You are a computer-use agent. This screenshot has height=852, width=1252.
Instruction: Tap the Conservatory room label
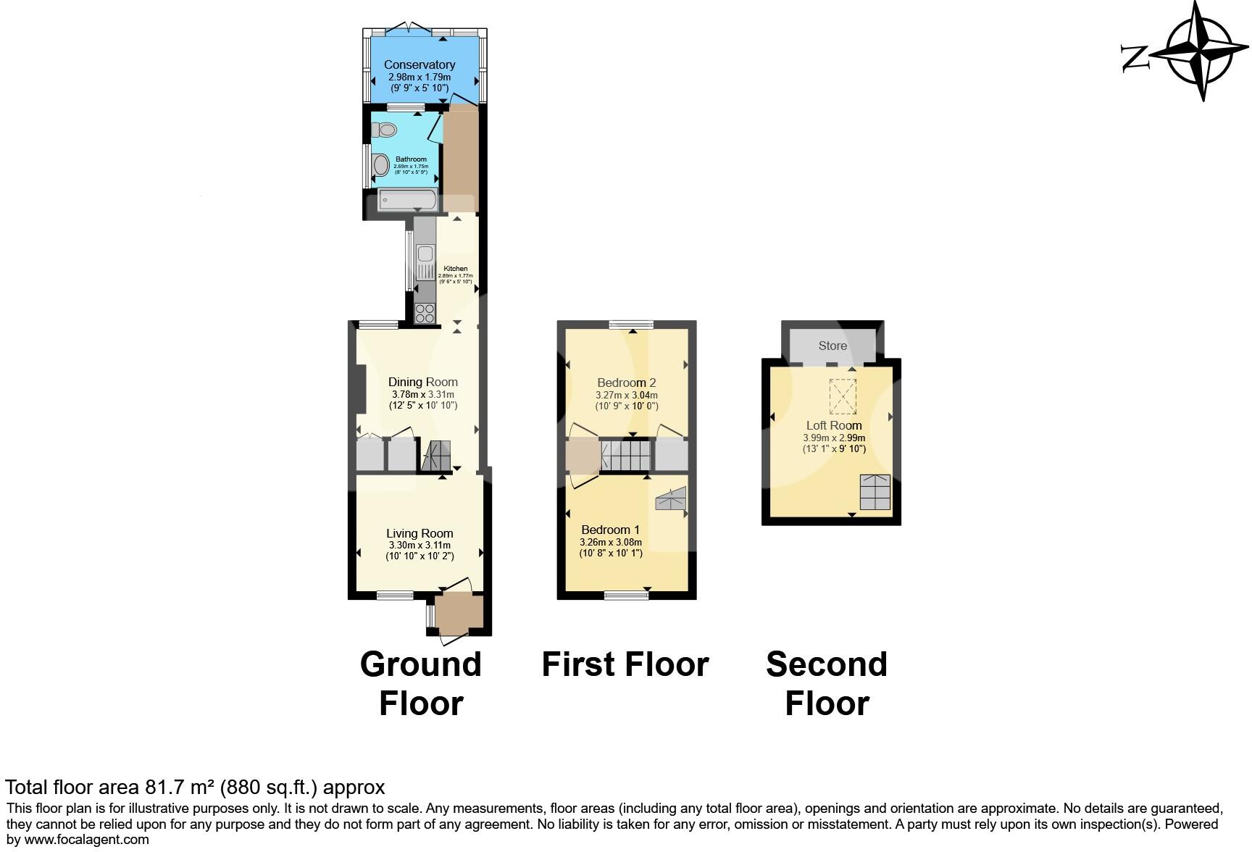point(420,65)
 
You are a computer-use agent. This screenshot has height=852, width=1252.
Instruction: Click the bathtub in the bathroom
point(407,199)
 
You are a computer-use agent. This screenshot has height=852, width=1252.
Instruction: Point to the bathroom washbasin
point(381,165)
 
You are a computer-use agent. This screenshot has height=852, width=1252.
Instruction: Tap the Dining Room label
point(423,382)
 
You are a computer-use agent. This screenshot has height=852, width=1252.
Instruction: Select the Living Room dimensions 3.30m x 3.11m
point(419,546)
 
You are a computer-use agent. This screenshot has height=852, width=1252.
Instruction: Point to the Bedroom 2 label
point(627,383)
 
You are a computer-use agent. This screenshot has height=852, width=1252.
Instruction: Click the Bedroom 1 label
point(611,530)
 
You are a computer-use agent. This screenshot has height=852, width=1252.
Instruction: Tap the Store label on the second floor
point(832,346)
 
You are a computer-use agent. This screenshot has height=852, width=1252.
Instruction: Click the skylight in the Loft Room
point(842,396)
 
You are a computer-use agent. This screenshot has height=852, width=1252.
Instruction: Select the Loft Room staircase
point(875,493)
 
